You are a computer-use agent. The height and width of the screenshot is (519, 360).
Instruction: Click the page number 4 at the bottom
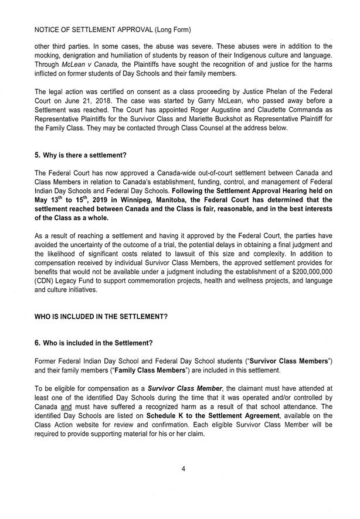[184, 467]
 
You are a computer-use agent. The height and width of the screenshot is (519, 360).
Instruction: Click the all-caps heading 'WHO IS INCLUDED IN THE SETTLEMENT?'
[101, 316]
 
